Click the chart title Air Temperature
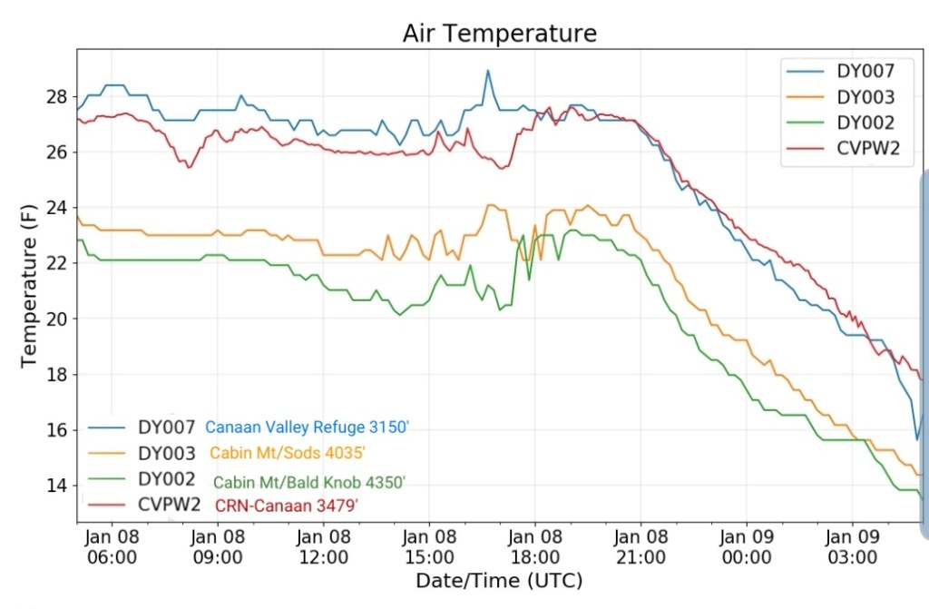tap(500, 34)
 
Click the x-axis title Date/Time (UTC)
tap(499, 580)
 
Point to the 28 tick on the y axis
tap(56, 96)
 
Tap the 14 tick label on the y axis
tap(56, 486)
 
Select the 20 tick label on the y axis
tap(56, 319)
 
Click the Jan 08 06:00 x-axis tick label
tap(112, 545)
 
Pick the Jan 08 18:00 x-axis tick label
tap(535, 545)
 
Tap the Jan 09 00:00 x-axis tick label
tap(747, 545)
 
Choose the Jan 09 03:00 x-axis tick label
tap(853, 545)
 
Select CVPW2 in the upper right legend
tap(868, 150)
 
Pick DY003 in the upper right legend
tap(865, 98)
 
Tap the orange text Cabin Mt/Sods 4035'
tap(288, 452)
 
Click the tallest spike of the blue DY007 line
tap(487, 71)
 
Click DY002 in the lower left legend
tap(168, 478)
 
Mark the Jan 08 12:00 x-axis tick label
tap(324, 545)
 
